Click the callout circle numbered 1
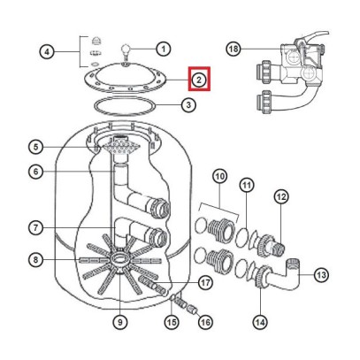point(164,49)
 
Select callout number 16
point(205,322)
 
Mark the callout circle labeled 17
point(205,284)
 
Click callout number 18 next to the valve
point(234,49)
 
